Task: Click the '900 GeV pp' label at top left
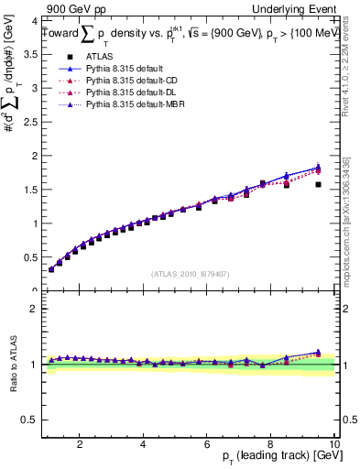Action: (x=71, y=8)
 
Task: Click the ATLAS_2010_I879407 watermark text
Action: (x=191, y=273)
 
